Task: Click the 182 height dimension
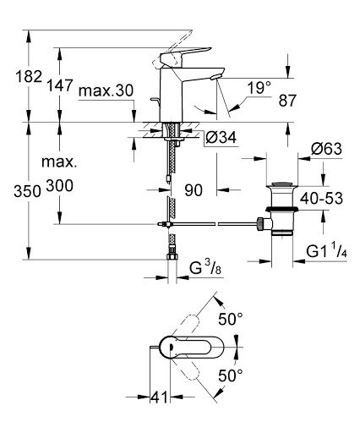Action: (29, 76)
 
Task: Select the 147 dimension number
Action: (60, 85)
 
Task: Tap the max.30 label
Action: (106, 91)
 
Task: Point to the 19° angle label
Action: (259, 88)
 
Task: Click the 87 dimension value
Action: (287, 101)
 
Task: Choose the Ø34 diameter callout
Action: (221, 137)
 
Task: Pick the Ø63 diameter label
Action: (326, 149)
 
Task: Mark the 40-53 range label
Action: (321, 198)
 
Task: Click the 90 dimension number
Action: (194, 190)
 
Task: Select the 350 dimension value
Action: (28, 192)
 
